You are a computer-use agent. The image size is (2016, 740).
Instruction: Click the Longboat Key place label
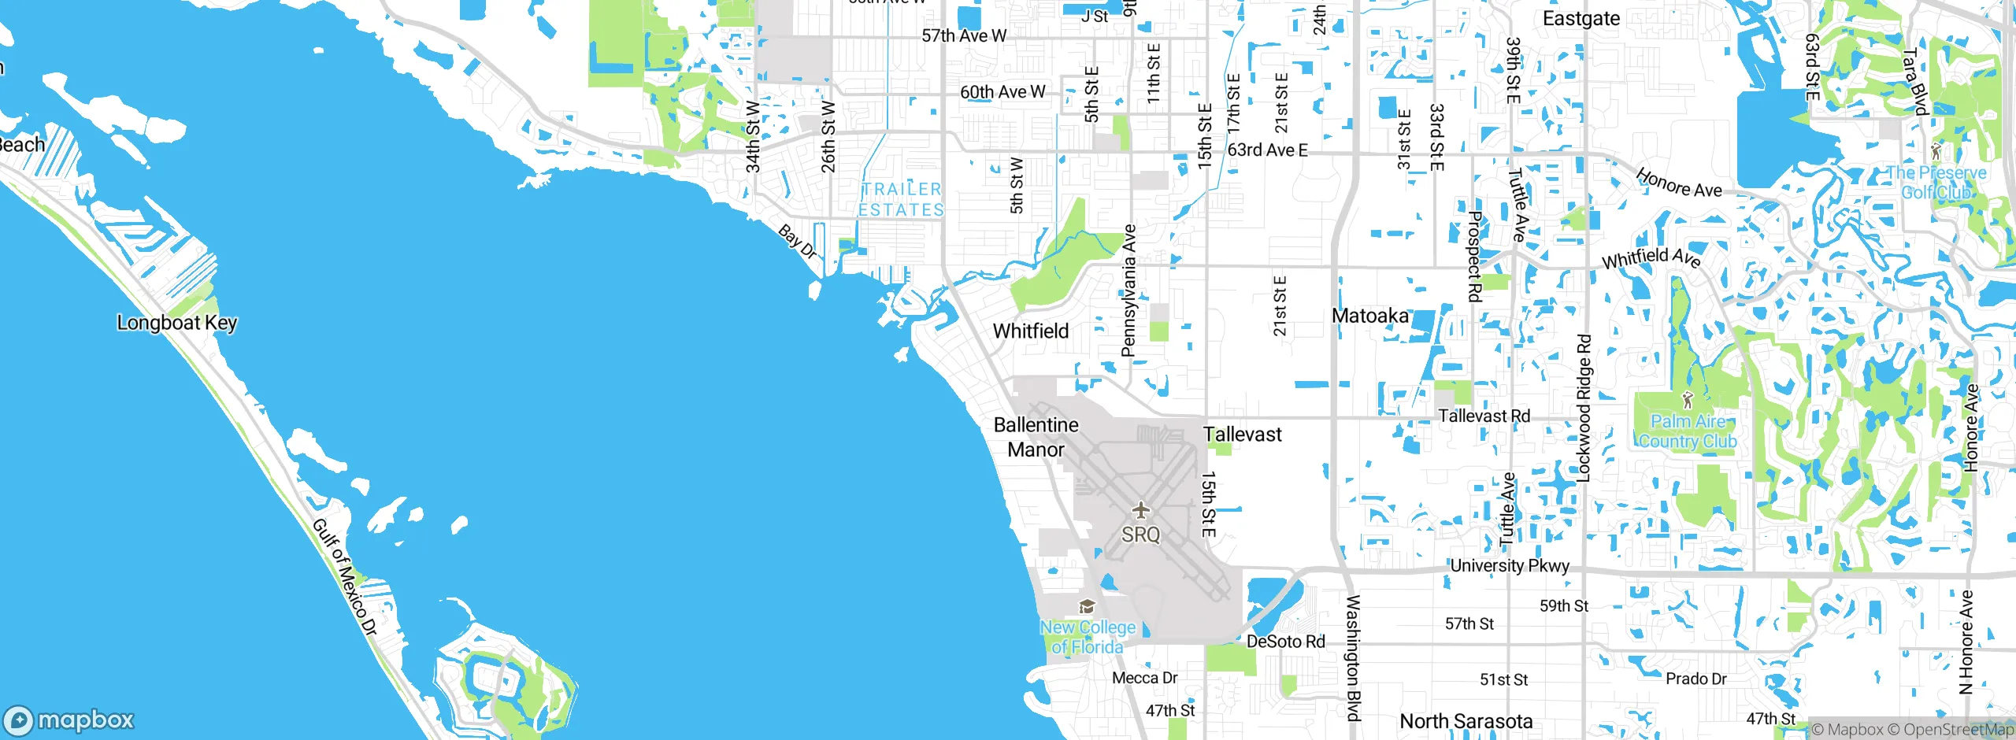pos(176,323)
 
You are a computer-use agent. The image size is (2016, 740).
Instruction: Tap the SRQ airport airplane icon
pos(1140,510)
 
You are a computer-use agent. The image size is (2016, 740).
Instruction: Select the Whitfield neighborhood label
pos(1030,331)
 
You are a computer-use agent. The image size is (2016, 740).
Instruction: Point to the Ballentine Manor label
pos(1036,437)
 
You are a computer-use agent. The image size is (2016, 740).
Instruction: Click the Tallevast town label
pos(1242,435)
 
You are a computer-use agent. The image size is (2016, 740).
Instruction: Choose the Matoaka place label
pos(1369,316)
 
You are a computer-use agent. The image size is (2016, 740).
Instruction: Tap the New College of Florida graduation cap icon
pos(1087,606)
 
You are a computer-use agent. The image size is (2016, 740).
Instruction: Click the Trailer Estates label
pos(901,200)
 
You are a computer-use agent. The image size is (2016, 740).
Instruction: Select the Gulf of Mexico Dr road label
pos(345,577)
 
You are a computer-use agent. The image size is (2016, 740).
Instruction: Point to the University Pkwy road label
pos(1509,566)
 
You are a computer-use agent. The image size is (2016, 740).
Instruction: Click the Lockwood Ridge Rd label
pos(1584,408)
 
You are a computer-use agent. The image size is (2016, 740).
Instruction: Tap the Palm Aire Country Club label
pos(1688,431)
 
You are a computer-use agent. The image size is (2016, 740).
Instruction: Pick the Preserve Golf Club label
pos(1936,183)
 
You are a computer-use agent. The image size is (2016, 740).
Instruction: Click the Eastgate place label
pos(1581,19)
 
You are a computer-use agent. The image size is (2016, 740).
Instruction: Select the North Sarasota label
pos(1466,721)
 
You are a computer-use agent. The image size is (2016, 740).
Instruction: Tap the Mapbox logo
pos(69,720)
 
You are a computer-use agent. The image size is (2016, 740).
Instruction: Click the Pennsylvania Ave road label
pos(1129,290)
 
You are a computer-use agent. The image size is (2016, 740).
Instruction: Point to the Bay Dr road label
pos(797,242)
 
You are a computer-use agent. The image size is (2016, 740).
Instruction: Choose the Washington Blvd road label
pos(1352,657)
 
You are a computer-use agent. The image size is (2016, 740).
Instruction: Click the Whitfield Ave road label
pos(1651,257)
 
